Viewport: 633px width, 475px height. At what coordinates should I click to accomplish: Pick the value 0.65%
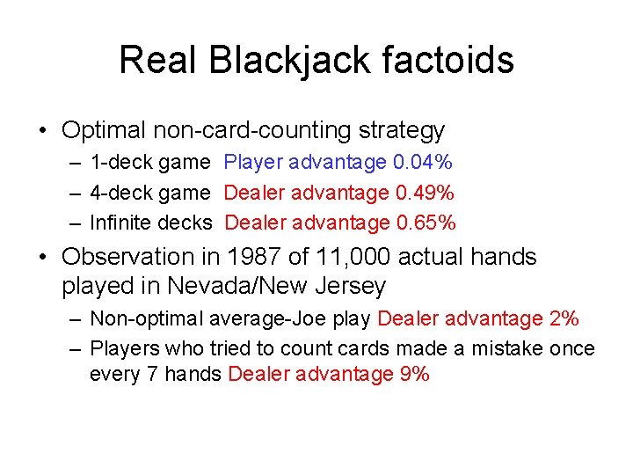(x=426, y=223)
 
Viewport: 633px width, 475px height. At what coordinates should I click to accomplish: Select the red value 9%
(x=414, y=374)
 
